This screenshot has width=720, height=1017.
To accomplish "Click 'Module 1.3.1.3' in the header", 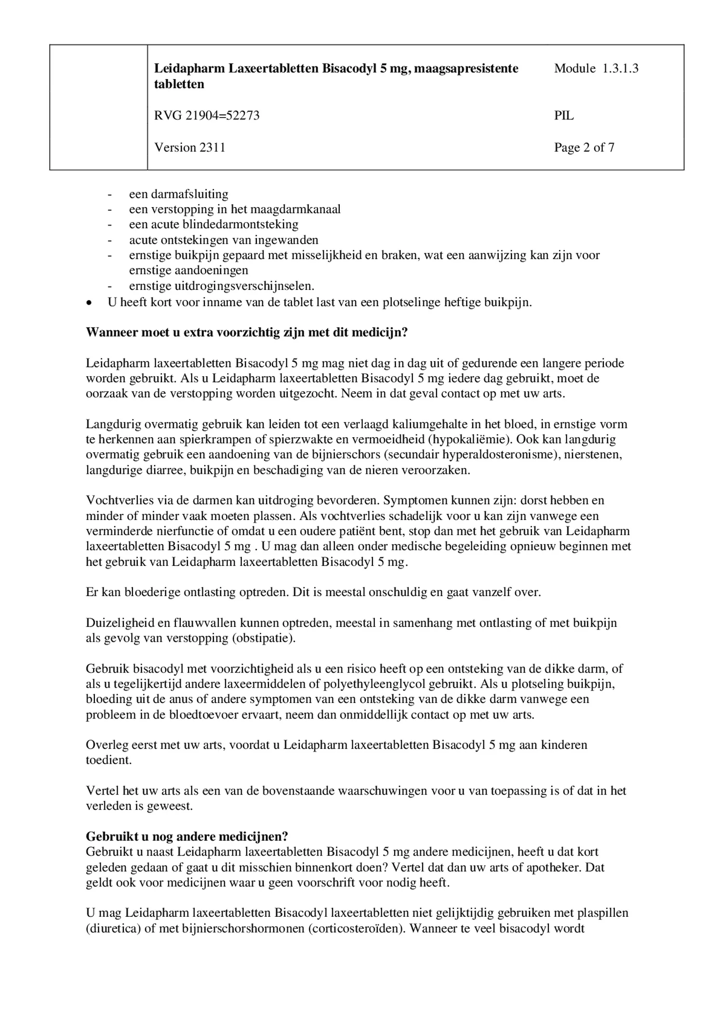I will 596,68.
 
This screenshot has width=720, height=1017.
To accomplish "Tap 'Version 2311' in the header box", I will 189,147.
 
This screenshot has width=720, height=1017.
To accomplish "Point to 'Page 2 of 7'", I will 584,147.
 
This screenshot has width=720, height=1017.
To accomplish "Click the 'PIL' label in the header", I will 563,116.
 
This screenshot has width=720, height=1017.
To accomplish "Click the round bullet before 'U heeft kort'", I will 88,303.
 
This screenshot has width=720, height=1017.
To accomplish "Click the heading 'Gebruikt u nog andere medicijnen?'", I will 187,836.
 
